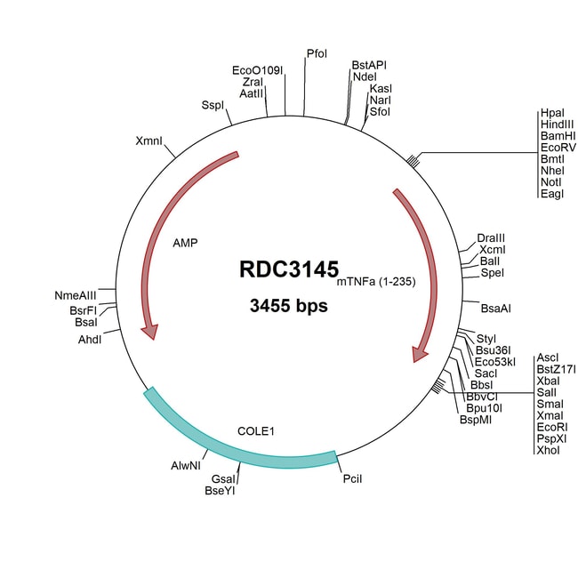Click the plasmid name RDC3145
(288, 270)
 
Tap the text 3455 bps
(289, 307)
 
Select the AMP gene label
(186, 242)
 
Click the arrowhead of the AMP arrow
(150, 332)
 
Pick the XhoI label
(549, 450)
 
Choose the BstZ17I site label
(557, 369)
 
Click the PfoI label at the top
(317, 54)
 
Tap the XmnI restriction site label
(149, 141)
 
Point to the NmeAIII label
(75, 295)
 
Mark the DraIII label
(491, 238)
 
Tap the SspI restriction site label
(213, 105)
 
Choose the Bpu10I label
(485, 407)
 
